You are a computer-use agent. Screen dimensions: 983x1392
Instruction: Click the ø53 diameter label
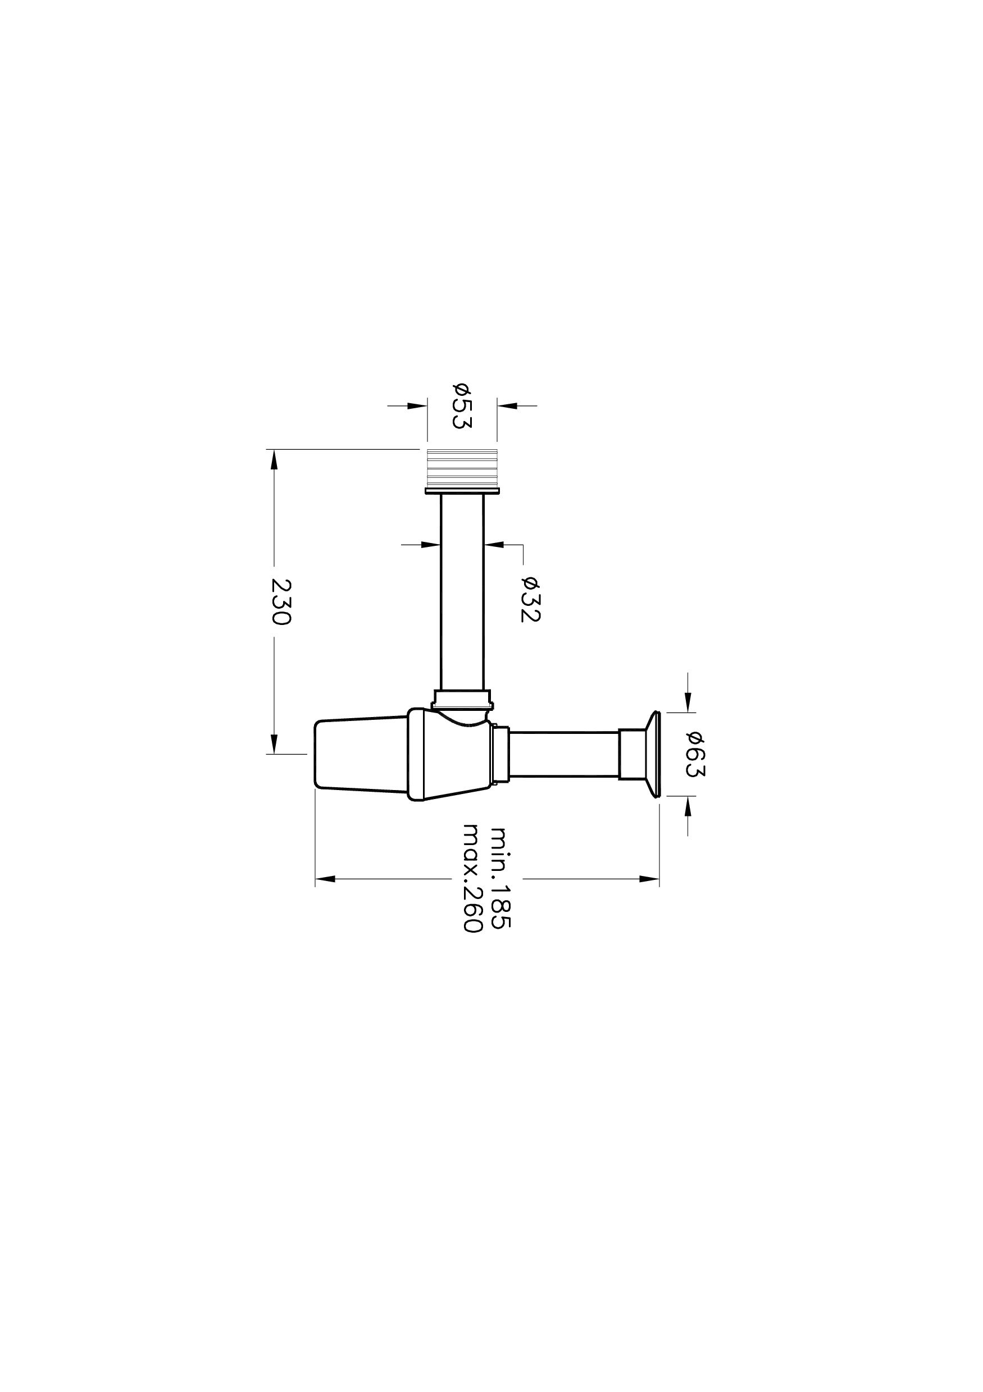(x=462, y=405)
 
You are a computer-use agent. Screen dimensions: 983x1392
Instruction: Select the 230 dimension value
(x=281, y=602)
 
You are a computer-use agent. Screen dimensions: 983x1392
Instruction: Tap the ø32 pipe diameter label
(x=530, y=599)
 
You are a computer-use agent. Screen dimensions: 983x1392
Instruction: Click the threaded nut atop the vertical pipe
(x=462, y=472)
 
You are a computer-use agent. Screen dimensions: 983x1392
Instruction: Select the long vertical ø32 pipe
(x=462, y=592)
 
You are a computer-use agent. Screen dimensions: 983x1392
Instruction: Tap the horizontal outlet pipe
(x=564, y=754)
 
